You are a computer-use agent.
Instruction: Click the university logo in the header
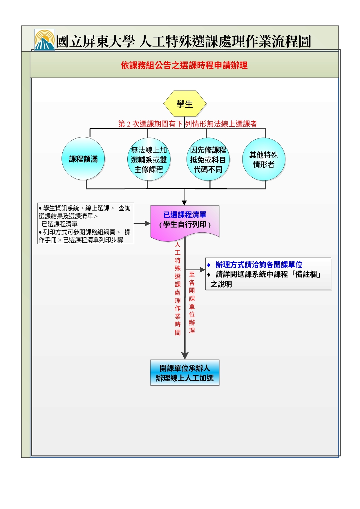point(44,40)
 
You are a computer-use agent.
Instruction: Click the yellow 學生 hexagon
point(185,104)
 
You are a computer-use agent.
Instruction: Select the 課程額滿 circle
point(83,159)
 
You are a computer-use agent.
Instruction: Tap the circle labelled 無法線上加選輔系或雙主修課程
point(149,159)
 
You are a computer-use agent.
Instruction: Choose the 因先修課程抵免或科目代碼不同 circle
point(208,159)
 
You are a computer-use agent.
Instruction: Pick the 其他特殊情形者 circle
point(264,159)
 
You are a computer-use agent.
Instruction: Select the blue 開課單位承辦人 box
point(185,373)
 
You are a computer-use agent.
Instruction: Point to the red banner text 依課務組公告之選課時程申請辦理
point(184,65)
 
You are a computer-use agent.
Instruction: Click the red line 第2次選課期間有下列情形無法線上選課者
point(187,124)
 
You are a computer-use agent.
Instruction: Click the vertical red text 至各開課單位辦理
point(192,302)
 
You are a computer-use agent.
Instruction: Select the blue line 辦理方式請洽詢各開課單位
point(259,265)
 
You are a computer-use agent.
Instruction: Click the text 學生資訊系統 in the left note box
point(61,208)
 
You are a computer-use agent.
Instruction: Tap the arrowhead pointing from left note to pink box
point(148,223)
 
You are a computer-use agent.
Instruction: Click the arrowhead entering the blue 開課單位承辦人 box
point(185,356)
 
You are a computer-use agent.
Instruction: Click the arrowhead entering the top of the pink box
point(184,203)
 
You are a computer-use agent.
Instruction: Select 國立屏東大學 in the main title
point(95,41)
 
